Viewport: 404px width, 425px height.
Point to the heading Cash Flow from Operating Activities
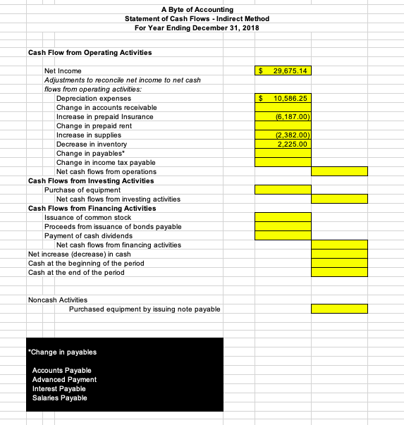[90, 52]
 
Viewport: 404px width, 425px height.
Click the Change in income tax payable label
[106, 162]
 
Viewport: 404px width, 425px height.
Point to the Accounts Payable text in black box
[61, 370]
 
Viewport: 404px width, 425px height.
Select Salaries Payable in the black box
[60, 398]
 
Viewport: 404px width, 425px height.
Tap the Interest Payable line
[59, 388]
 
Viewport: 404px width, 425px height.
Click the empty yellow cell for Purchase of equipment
[283, 190]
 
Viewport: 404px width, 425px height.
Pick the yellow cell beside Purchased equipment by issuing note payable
[340, 309]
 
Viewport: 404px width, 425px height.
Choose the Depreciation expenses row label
[88, 98]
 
